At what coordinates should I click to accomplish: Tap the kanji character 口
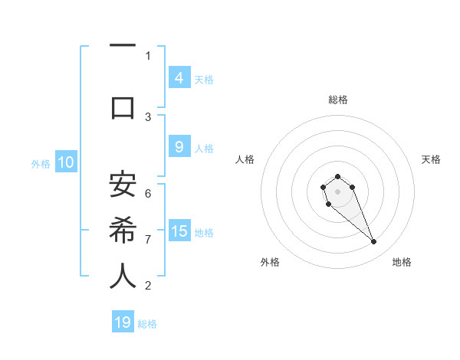[123, 108]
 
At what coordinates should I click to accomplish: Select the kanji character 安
[123, 185]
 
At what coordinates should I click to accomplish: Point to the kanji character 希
[123, 230]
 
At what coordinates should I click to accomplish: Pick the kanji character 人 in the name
[123, 277]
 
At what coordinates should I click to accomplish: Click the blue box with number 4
[179, 78]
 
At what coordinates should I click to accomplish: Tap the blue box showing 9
[179, 148]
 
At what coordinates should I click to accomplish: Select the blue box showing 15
[179, 231]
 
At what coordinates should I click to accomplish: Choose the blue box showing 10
[65, 162]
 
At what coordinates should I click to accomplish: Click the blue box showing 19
[123, 322]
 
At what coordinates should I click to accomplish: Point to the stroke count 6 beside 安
[148, 194]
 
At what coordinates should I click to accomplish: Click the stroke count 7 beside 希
[148, 240]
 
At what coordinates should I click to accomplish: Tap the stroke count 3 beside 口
[148, 117]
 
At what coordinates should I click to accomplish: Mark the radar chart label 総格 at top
[337, 100]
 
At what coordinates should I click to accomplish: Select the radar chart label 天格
[431, 159]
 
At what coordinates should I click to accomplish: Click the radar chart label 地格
[402, 262]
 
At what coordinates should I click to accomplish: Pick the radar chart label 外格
[270, 262]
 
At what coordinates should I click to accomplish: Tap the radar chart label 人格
[245, 159]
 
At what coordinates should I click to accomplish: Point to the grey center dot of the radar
[337, 191]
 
